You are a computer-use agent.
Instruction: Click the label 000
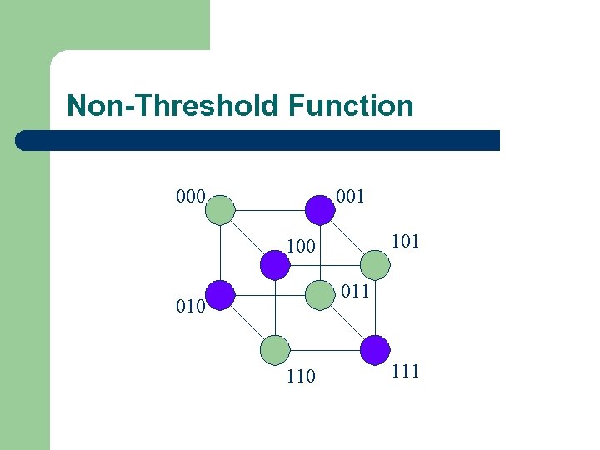[x=191, y=197]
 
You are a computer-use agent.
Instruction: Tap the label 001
[x=349, y=197]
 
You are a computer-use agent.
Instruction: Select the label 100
[x=301, y=247]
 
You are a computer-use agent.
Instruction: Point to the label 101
[x=404, y=242]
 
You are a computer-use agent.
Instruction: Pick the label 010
[x=191, y=306]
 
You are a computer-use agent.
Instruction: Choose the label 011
[x=355, y=292]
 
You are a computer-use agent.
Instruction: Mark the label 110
[x=301, y=376]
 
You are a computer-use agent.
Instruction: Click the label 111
[x=404, y=371]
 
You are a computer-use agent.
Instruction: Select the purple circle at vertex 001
[x=319, y=209]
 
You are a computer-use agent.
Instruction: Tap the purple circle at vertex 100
[x=274, y=265]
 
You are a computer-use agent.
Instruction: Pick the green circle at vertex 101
[x=375, y=265]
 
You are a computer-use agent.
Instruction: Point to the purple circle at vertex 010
[x=220, y=295]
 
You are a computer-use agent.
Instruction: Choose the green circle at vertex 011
[x=319, y=294]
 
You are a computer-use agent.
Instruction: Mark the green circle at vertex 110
[x=275, y=350]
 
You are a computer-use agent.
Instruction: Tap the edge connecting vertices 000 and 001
[x=270, y=209]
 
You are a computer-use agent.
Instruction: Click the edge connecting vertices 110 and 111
[x=325, y=350]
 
